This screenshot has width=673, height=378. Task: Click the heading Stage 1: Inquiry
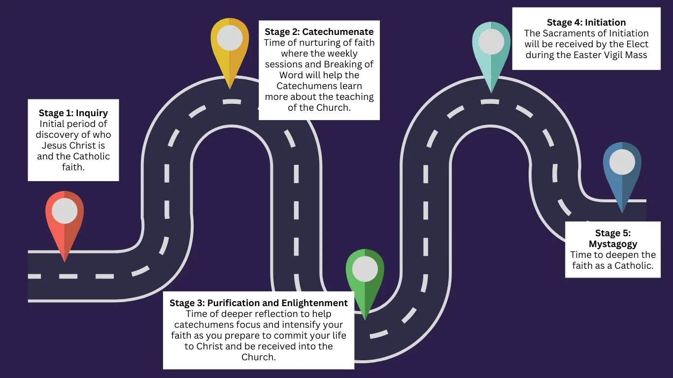pos(73,113)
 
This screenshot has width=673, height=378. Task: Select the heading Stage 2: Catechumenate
pos(319,32)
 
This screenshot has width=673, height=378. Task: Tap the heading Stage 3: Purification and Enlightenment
pos(259,303)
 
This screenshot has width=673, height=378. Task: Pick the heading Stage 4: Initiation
pos(586,23)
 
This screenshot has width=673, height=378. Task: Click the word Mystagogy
pos(613,244)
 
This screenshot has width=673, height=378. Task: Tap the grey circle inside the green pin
pos(365,269)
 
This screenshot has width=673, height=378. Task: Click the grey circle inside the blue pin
pos(622,162)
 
